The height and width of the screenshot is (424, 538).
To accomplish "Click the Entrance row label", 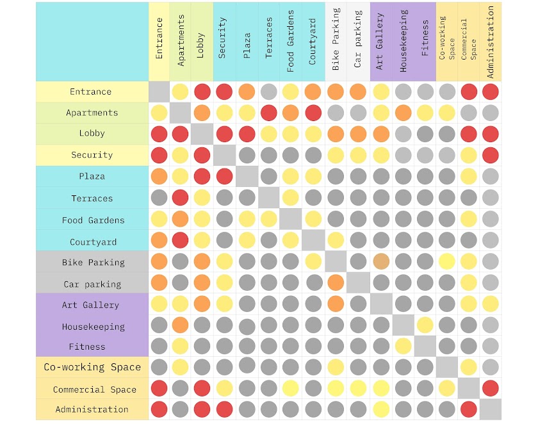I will pos(90,92).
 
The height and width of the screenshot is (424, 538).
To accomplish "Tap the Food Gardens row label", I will pos(93,220).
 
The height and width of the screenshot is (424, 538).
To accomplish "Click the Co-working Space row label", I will pos(92,367).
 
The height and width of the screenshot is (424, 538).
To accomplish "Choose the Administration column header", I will pos(491,42).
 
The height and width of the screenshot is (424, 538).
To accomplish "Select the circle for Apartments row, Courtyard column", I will pos(313,113).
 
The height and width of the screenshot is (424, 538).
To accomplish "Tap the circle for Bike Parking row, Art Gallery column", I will pos(380,261).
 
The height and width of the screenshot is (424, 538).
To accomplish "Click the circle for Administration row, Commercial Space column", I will pos(469,409).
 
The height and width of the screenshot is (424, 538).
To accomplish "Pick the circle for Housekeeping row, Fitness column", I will pos(425,325).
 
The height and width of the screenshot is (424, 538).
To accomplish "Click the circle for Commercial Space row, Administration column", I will pos(491,388).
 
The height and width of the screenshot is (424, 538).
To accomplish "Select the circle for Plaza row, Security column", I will pos(224,176).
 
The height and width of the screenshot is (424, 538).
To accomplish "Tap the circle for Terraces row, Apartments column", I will pos(181,198).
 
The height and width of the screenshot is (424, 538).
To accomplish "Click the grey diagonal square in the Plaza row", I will pos(247,176).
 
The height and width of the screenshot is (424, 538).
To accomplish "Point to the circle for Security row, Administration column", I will pos(491,155).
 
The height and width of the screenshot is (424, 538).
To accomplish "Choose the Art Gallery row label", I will pos(90,305).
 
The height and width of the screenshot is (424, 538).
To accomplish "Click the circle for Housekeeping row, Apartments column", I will pos(181,325).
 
